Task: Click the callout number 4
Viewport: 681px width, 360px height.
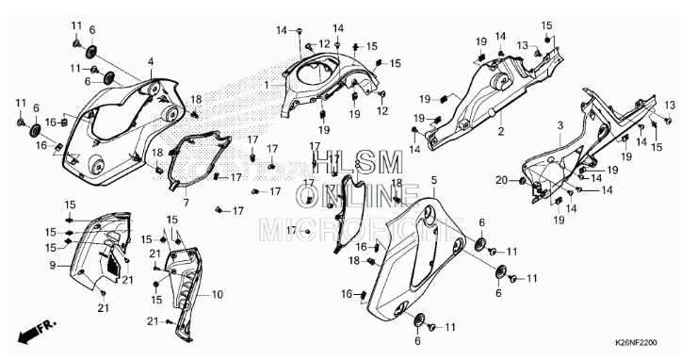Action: coord(150,61)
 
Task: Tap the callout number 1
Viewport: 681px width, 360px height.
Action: coord(266,85)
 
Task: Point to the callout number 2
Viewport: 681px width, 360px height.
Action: coord(501,133)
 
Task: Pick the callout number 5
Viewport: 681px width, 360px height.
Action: coord(433,179)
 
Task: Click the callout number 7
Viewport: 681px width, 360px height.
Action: coord(186,202)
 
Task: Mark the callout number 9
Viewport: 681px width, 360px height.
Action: coord(53,265)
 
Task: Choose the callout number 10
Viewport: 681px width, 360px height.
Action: coord(218,294)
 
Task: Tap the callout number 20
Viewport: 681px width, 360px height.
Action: coord(501,180)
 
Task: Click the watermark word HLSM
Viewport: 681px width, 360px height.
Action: coord(344,162)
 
